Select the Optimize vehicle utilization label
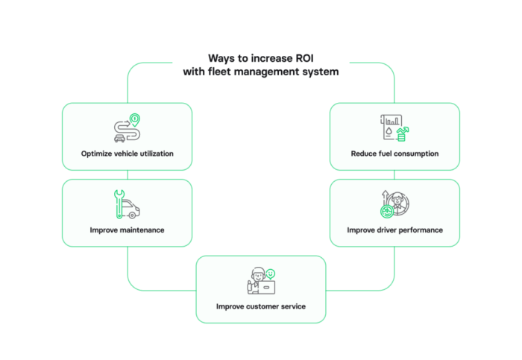point(127,154)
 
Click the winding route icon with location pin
point(127,127)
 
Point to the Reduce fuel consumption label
point(394,154)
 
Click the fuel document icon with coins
point(394,127)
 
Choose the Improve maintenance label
point(127,230)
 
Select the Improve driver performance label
point(394,230)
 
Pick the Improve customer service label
point(261,306)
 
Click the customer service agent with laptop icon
point(261,280)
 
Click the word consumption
point(415,154)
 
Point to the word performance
point(419,230)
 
